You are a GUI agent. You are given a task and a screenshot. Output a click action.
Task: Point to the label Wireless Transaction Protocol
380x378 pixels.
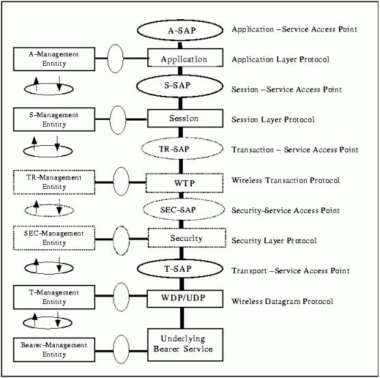click(286, 180)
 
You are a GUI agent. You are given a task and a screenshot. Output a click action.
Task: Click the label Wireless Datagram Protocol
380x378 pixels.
click(282, 301)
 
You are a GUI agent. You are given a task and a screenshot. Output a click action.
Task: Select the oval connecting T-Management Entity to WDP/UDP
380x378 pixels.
click(114, 297)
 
